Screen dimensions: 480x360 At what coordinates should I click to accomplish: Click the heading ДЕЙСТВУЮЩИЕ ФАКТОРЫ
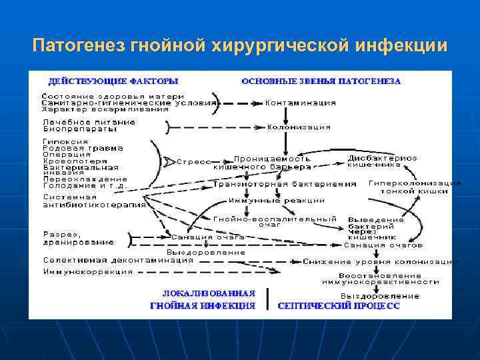coord(113,81)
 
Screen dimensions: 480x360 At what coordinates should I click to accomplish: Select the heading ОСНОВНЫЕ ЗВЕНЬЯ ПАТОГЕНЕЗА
coord(321,81)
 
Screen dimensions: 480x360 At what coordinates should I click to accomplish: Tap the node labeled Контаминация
coord(300,103)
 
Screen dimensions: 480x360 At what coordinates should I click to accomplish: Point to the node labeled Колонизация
coord(299,127)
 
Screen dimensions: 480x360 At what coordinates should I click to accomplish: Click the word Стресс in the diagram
coord(193,161)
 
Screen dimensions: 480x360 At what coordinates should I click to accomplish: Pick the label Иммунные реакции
coord(277,200)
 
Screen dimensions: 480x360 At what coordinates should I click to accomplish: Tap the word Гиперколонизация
coord(415,182)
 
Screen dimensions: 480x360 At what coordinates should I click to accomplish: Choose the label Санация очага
coord(208,237)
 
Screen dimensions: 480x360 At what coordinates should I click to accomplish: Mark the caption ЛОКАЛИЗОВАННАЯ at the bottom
coord(209,293)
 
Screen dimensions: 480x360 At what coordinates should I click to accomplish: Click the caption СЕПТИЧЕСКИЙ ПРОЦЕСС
coord(338,306)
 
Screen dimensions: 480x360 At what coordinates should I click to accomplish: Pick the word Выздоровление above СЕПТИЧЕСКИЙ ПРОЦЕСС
coord(380,295)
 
